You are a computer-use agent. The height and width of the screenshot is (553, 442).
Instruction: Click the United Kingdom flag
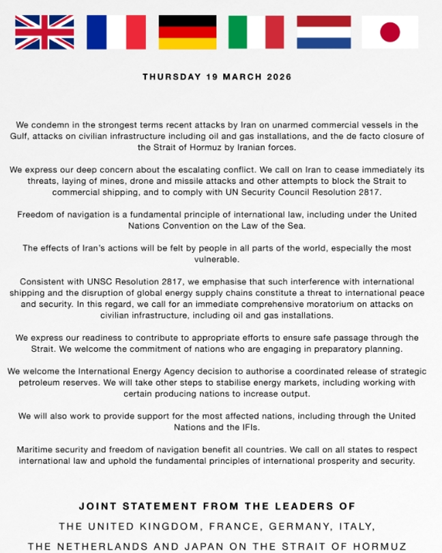pyautogui.click(x=44, y=32)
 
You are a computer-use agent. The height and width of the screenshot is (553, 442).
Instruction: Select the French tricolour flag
pyautogui.click(x=116, y=32)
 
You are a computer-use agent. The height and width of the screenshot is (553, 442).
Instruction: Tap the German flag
pyautogui.click(x=188, y=32)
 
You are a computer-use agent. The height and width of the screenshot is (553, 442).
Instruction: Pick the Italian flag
pyautogui.click(x=256, y=32)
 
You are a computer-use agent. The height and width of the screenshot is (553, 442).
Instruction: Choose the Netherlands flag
pyautogui.click(x=324, y=32)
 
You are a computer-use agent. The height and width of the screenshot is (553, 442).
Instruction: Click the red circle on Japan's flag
pyautogui.click(x=390, y=32)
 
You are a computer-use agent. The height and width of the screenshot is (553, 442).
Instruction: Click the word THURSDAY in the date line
pyautogui.click(x=171, y=77)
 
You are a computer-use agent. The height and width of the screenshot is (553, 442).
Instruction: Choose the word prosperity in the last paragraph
pyautogui.click(x=319, y=460)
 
